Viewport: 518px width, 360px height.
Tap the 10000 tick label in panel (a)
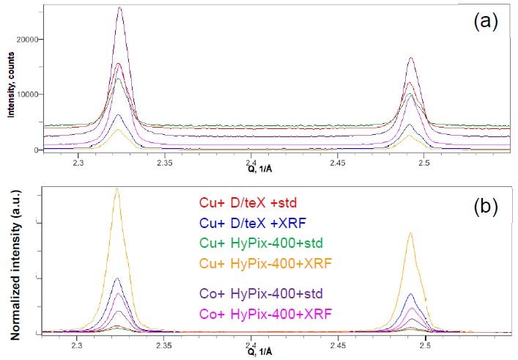(x=27, y=94)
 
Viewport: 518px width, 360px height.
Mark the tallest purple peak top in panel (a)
(x=119, y=8)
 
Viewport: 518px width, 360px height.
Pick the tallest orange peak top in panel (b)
(x=116, y=188)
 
